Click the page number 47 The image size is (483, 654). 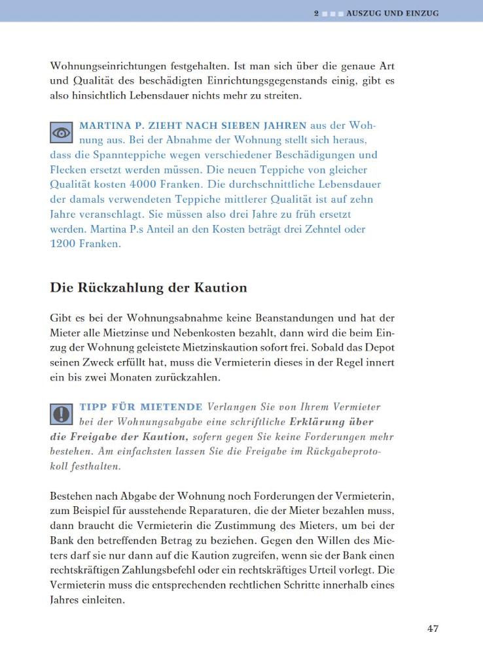click(433, 629)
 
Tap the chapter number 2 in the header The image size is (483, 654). click(316, 13)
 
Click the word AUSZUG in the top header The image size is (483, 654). click(365, 13)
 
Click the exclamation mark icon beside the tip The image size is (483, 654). click(62, 414)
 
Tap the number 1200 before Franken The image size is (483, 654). click(63, 243)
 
